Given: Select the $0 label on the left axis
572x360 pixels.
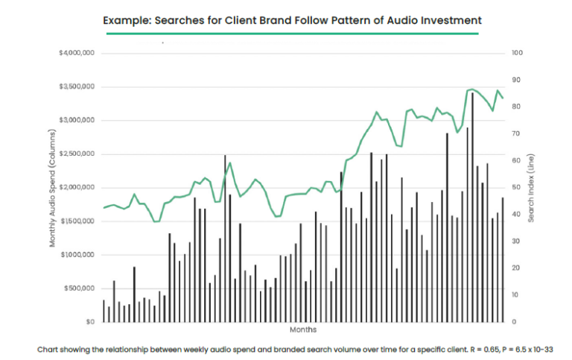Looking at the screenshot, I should [89, 322].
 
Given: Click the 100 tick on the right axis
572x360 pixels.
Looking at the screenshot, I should [518, 54].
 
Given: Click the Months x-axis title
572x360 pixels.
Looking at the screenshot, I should [302, 329].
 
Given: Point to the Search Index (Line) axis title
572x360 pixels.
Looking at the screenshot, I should [531, 186].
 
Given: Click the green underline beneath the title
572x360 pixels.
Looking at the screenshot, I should [291, 34].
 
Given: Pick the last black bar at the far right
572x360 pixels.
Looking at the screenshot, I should [502, 259].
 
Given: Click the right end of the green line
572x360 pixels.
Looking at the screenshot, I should [503, 98].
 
